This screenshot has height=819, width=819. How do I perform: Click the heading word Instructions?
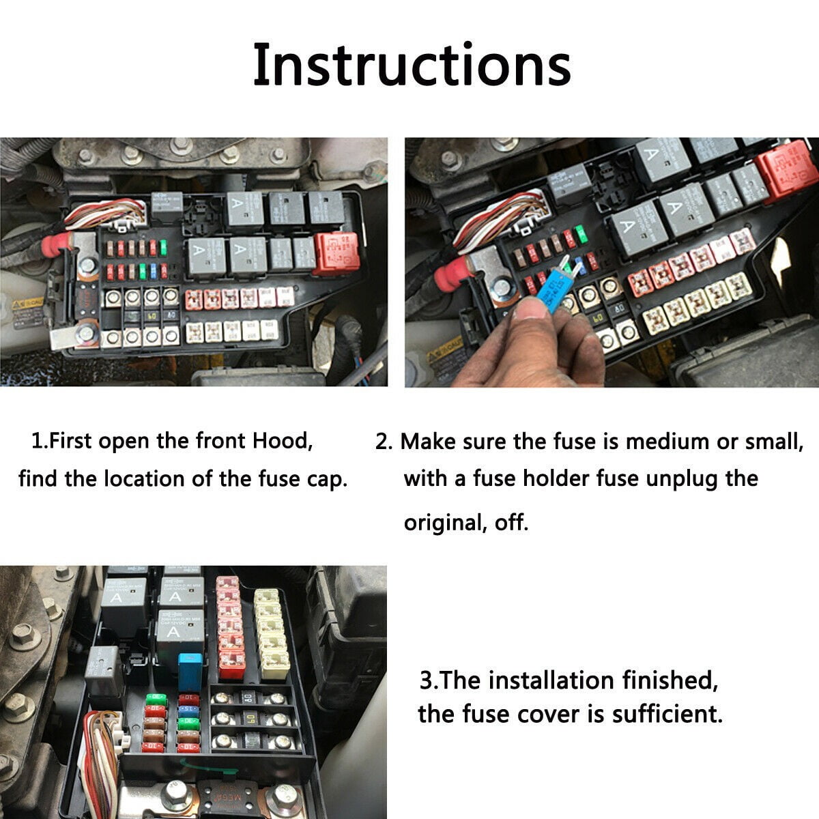coord(412,65)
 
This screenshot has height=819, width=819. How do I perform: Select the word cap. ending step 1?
coord(326,479)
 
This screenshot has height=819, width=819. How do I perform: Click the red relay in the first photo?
coord(335,253)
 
